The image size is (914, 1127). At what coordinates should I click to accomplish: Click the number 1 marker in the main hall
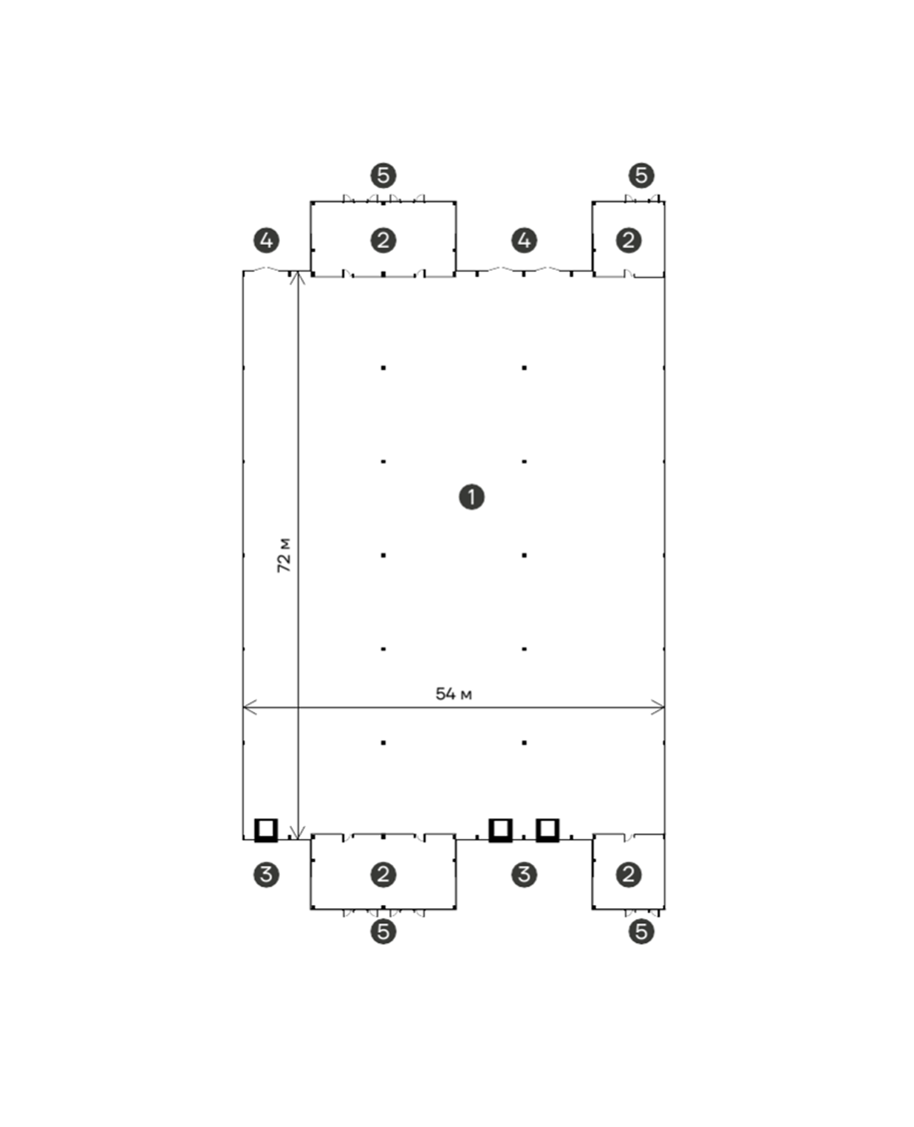pyautogui.click(x=472, y=497)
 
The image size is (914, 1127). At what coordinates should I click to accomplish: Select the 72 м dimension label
pyautogui.click(x=285, y=555)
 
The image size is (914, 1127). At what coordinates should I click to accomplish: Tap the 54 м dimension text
pyautogui.click(x=454, y=694)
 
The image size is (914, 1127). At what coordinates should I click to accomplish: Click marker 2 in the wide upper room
pyautogui.click(x=383, y=241)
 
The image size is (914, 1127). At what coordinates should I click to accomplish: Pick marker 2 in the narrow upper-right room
pyautogui.click(x=629, y=241)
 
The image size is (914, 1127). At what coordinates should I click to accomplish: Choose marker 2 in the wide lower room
pyautogui.click(x=383, y=874)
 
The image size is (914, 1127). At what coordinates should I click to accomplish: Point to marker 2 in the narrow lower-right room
pyautogui.click(x=629, y=874)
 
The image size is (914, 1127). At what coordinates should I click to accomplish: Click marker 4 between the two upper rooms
pyautogui.click(x=524, y=241)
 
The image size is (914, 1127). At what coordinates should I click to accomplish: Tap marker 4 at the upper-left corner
pyautogui.click(x=267, y=241)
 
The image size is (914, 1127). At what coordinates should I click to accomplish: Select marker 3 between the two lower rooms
pyautogui.click(x=524, y=874)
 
